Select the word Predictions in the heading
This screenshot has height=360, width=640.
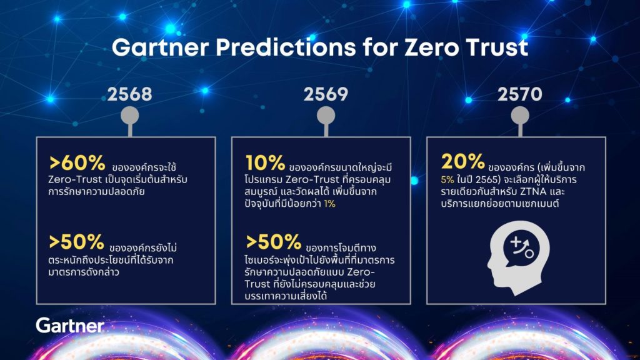point(285,47)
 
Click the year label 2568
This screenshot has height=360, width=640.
point(130,94)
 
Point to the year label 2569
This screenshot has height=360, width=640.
point(326,94)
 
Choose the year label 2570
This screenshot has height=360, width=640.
point(520,94)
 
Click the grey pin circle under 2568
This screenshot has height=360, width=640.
point(130,116)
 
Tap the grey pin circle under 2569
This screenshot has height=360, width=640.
point(326,116)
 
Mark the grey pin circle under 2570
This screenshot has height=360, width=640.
point(520,116)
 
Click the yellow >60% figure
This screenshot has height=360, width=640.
point(77,163)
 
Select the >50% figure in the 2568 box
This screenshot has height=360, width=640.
point(77,242)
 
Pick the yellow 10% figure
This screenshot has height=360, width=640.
point(265,163)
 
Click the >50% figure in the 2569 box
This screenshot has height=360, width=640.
point(274,242)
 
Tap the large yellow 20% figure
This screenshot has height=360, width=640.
point(463,161)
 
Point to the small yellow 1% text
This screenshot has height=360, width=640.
point(330,204)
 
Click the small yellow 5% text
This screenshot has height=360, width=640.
point(447,179)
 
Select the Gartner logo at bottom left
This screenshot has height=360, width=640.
point(70,325)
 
